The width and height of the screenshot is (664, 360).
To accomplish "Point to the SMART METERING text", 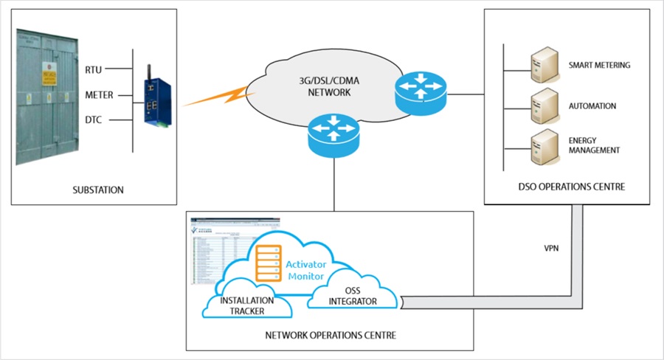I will point(599,65).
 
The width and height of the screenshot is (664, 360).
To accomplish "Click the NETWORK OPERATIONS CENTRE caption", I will point(330,335).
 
